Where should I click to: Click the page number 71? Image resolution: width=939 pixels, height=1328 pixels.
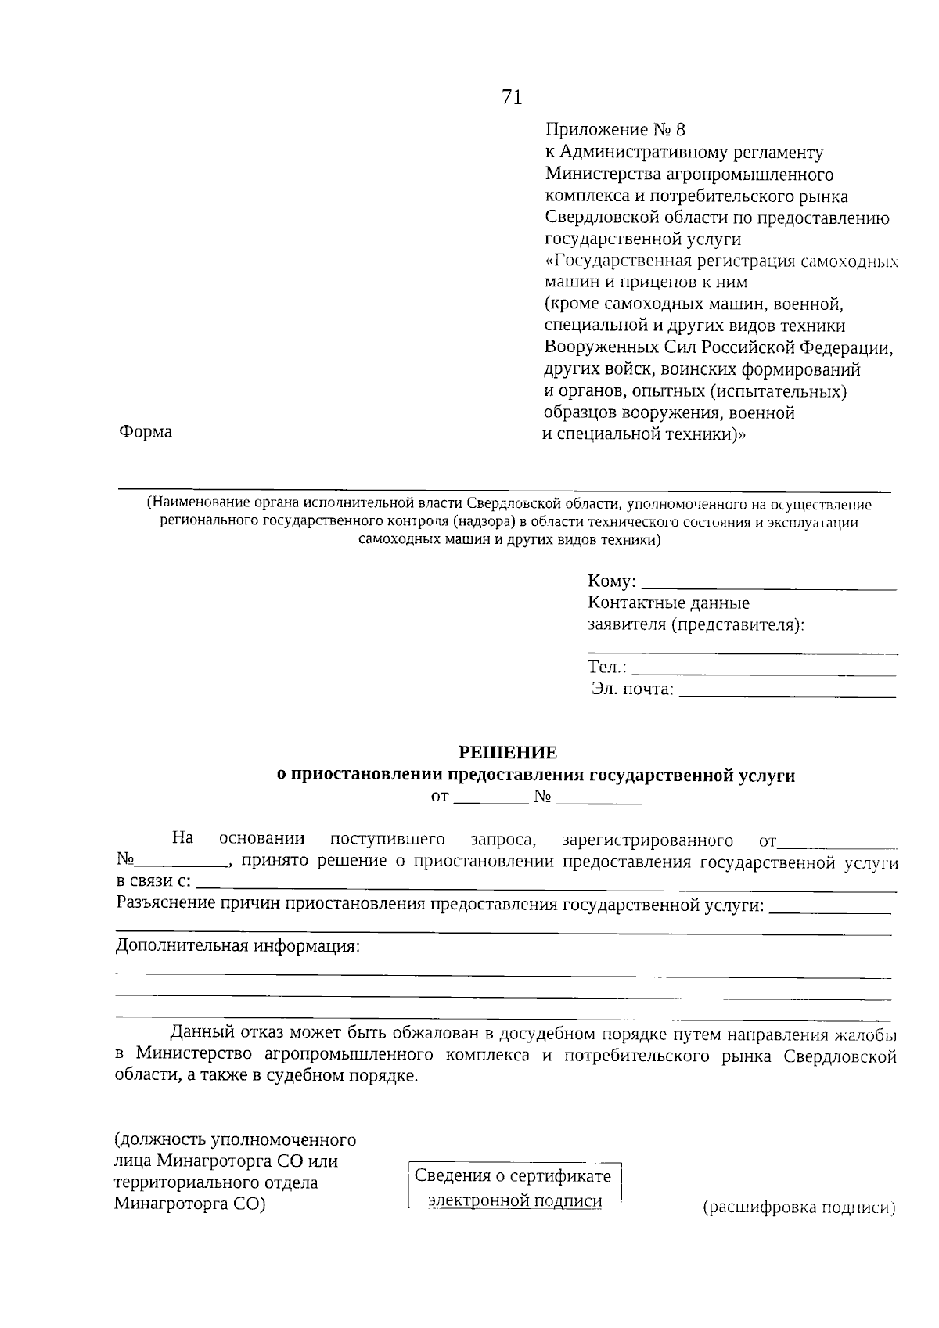click(511, 97)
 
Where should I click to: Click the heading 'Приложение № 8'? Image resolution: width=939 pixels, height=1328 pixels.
click(614, 129)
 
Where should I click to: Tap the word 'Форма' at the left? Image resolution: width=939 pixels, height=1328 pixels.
click(146, 432)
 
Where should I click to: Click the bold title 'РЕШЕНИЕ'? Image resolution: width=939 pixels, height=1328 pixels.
click(507, 753)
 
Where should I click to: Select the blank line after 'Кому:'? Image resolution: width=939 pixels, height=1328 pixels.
click(768, 582)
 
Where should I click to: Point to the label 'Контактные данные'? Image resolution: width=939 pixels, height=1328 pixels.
click(668, 603)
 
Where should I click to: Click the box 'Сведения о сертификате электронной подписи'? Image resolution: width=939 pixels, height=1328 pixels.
click(513, 1189)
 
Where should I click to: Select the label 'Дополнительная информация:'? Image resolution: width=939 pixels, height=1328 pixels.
click(238, 945)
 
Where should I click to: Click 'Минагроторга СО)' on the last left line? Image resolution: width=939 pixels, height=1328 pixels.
click(190, 1204)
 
